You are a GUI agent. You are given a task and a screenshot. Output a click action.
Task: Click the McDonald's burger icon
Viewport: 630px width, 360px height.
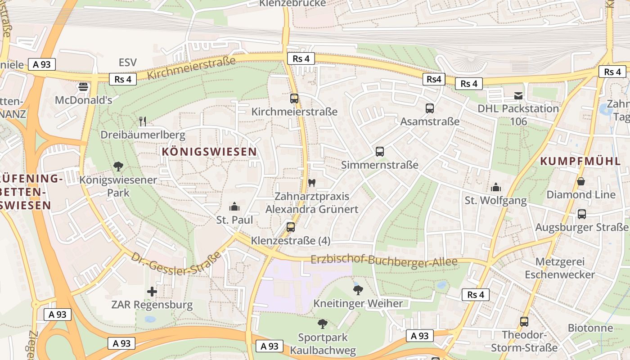click(x=83, y=86)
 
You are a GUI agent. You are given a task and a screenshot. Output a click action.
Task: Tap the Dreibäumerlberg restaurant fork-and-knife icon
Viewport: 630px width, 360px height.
click(x=143, y=121)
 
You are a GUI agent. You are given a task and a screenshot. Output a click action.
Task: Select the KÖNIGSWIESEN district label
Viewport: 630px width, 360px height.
click(x=209, y=152)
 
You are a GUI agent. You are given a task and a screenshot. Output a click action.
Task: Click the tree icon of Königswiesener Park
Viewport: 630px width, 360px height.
click(x=118, y=166)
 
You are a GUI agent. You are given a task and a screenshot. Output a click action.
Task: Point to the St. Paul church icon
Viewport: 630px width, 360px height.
click(x=234, y=207)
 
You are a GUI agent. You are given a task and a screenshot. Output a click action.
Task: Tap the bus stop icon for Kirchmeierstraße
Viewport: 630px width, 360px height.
click(x=294, y=98)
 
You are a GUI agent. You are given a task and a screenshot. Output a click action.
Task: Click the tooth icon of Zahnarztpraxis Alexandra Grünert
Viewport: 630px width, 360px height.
click(x=312, y=183)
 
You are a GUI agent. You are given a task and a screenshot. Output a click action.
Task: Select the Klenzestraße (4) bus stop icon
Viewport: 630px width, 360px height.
click(x=291, y=227)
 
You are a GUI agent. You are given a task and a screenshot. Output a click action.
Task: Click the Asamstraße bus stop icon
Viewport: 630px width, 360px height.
click(x=430, y=108)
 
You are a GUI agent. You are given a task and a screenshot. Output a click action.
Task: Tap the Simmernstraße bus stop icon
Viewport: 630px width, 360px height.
click(x=380, y=152)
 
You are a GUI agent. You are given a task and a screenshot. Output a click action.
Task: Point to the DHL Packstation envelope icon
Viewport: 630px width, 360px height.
click(x=518, y=95)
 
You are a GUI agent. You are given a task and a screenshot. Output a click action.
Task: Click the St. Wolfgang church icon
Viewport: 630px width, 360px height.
click(x=495, y=187)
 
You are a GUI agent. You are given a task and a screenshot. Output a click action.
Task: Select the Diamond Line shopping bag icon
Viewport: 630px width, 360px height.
click(x=581, y=181)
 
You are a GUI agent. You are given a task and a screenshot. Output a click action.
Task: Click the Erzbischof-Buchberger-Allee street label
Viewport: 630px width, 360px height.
click(x=384, y=261)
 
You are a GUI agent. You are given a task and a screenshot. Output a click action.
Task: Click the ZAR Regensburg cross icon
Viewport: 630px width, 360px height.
click(x=152, y=292)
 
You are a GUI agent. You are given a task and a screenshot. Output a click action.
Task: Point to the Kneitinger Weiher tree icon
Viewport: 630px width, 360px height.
click(x=358, y=290)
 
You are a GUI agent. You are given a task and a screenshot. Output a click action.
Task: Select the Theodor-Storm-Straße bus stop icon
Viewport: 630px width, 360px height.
click(x=524, y=322)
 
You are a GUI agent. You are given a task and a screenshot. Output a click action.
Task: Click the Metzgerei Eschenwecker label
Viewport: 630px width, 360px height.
click(x=560, y=268)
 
